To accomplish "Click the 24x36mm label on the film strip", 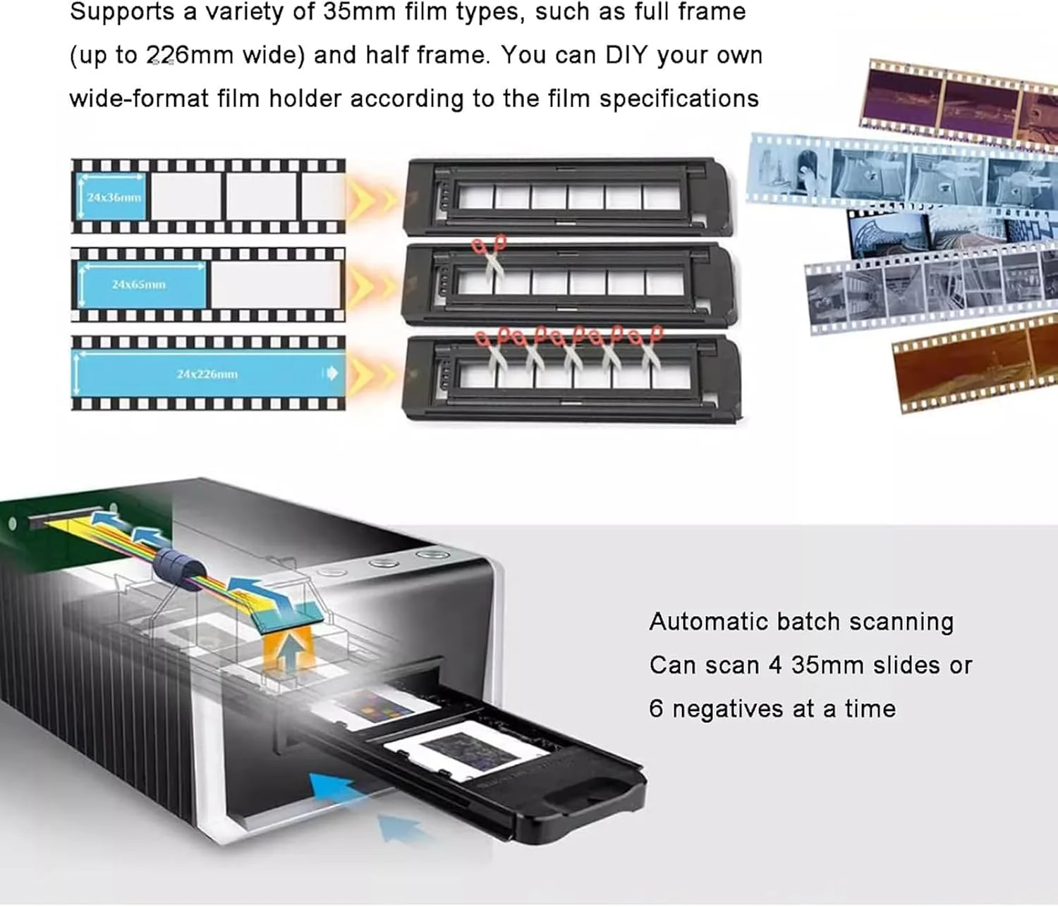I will tap(114, 197).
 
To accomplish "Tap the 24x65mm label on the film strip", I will tap(138, 285).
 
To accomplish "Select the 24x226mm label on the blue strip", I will tap(207, 374).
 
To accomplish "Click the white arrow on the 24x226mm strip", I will tap(332, 373).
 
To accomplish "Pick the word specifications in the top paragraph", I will tap(679, 98).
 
